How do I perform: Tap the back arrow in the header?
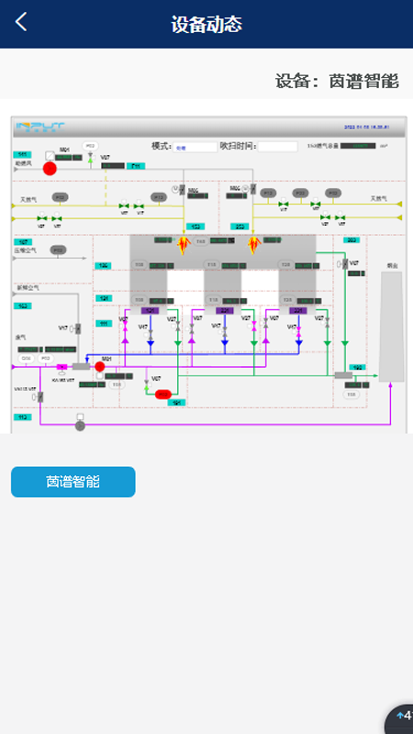(21, 22)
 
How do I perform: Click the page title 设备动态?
(206, 25)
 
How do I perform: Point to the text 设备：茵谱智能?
(337, 81)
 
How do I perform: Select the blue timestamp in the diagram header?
(371, 128)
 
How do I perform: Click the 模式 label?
(162, 146)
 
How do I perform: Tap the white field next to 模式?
(195, 147)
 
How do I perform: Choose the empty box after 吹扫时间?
(276, 147)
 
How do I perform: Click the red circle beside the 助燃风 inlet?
(50, 168)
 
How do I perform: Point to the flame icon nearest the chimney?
(254, 243)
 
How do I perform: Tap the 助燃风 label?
(23, 164)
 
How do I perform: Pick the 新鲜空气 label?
(28, 287)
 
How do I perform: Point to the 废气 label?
(21, 337)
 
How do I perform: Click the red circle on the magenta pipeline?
(100, 366)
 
